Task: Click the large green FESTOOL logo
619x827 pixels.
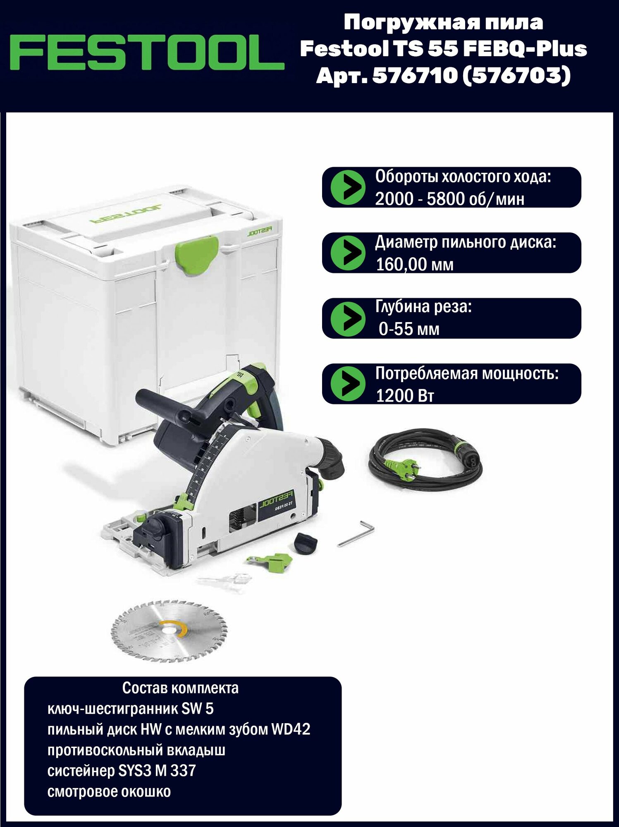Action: pos(147,53)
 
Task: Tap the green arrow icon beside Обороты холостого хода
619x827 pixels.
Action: pos(348,187)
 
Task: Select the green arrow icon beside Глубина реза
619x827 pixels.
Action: pos(348,318)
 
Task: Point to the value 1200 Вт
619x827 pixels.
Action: pos(405,396)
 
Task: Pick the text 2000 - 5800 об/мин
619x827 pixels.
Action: pos(449,199)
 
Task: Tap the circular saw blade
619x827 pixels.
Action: pos(169,630)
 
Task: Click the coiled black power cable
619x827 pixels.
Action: pos(426,459)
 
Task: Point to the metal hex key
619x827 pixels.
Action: pos(356,533)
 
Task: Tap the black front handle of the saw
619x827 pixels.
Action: pos(165,403)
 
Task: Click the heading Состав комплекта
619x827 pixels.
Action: pos(180,688)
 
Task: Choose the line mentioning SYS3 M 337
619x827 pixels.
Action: pos(122,770)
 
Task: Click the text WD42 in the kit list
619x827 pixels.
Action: pos(291,729)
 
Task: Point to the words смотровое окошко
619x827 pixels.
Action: pos(109,791)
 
